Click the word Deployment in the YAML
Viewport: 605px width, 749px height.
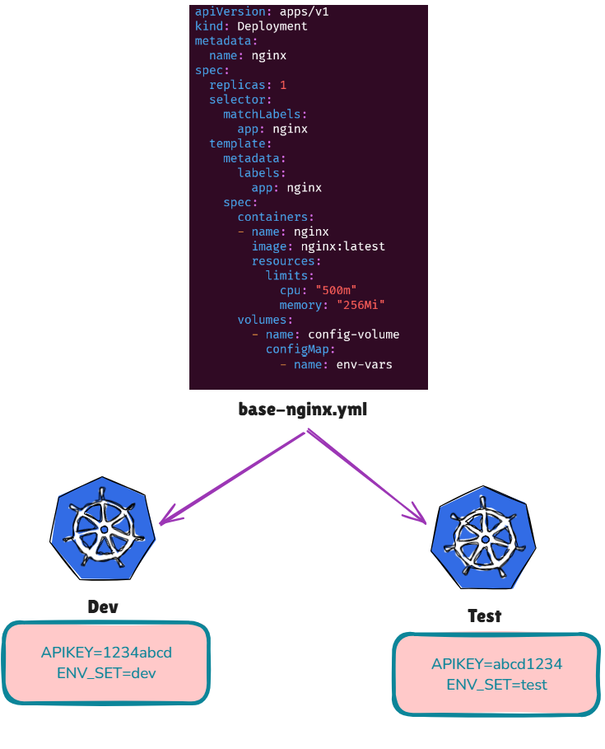point(272,26)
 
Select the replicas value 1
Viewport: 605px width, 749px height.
point(283,85)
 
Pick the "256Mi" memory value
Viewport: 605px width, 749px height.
point(361,305)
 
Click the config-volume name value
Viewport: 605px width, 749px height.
point(353,335)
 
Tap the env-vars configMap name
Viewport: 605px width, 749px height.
point(364,364)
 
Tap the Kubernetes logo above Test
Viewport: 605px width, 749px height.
point(485,540)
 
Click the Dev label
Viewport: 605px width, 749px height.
point(103,607)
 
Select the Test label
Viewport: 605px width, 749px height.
point(484,616)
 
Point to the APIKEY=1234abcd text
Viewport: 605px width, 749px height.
point(106,653)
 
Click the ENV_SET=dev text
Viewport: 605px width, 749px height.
point(106,673)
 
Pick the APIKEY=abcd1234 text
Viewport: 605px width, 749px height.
point(496,664)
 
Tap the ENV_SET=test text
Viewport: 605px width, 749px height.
point(496,685)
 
